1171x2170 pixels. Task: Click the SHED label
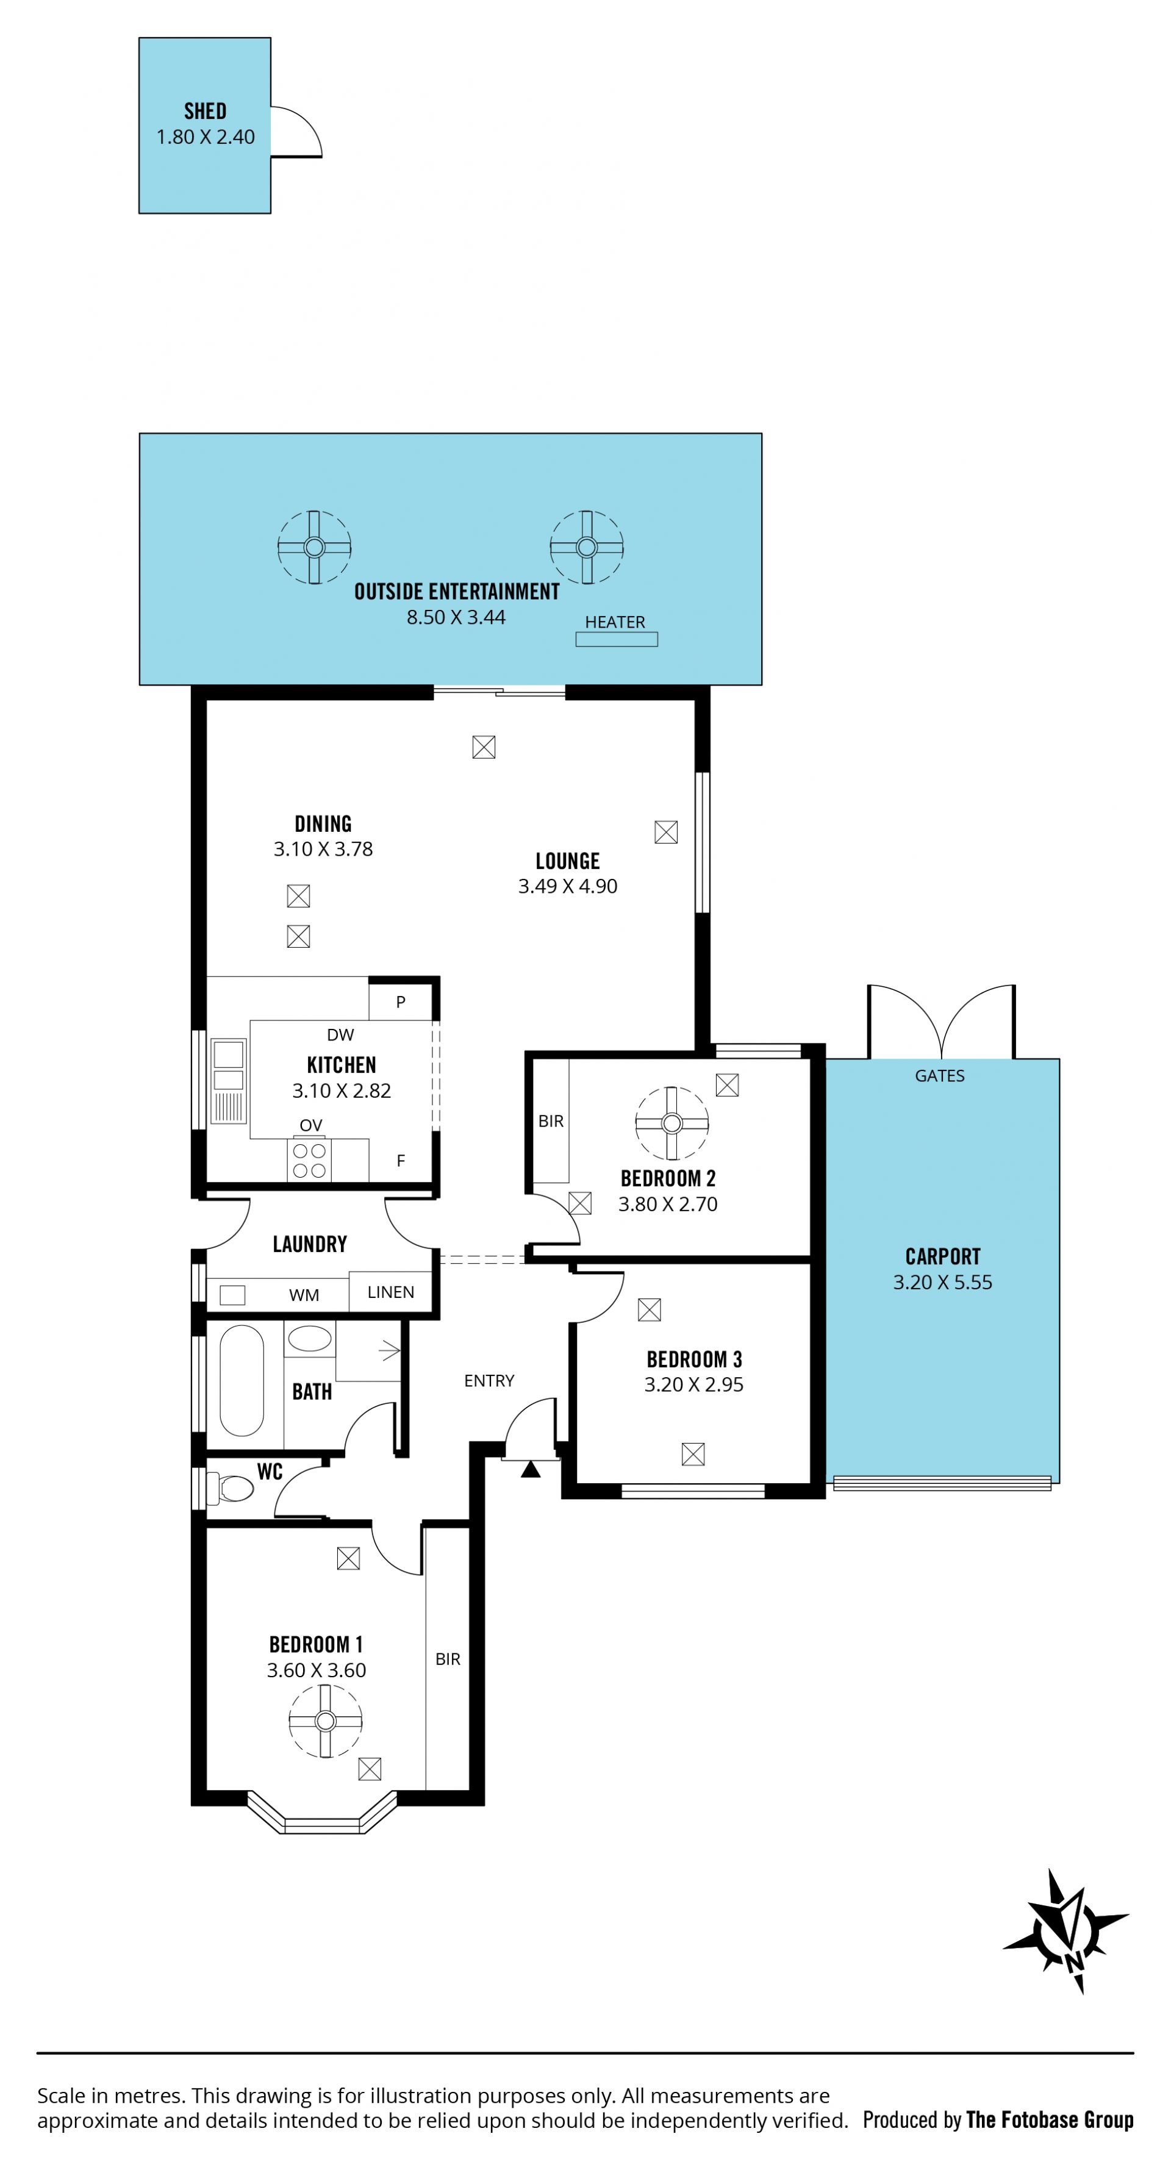[x=205, y=110]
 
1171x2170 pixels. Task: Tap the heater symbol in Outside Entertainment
[x=616, y=639]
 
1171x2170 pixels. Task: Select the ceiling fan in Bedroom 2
[x=671, y=1123]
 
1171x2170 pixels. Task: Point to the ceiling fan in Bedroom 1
[x=325, y=1721]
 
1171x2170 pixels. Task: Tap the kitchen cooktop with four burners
[x=309, y=1160]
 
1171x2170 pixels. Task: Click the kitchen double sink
[x=228, y=1081]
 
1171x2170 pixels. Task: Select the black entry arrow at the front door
[x=530, y=1469]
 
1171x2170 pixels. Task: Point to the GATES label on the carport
[x=939, y=1076]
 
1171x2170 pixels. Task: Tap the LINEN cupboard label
[x=391, y=1292]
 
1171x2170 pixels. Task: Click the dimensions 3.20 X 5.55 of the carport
[x=943, y=1282]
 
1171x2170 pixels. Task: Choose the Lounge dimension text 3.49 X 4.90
[x=568, y=886]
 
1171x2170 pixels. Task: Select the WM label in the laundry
[x=304, y=1295]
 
